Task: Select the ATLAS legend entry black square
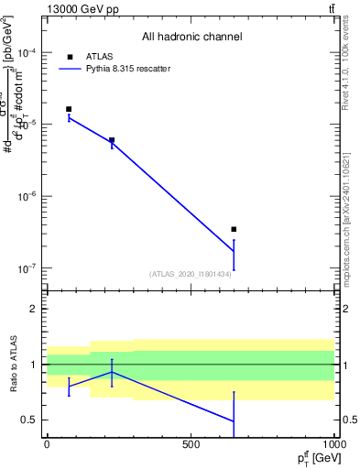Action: pos(69,56)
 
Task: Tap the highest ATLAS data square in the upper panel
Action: pos(69,109)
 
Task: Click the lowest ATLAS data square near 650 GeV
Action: pos(234,229)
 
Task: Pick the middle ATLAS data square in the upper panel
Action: pos(112,140)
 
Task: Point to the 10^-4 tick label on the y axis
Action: pos(26,53)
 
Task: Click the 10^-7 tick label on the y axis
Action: pos(26,268)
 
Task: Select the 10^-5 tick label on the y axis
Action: pos(26,125)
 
